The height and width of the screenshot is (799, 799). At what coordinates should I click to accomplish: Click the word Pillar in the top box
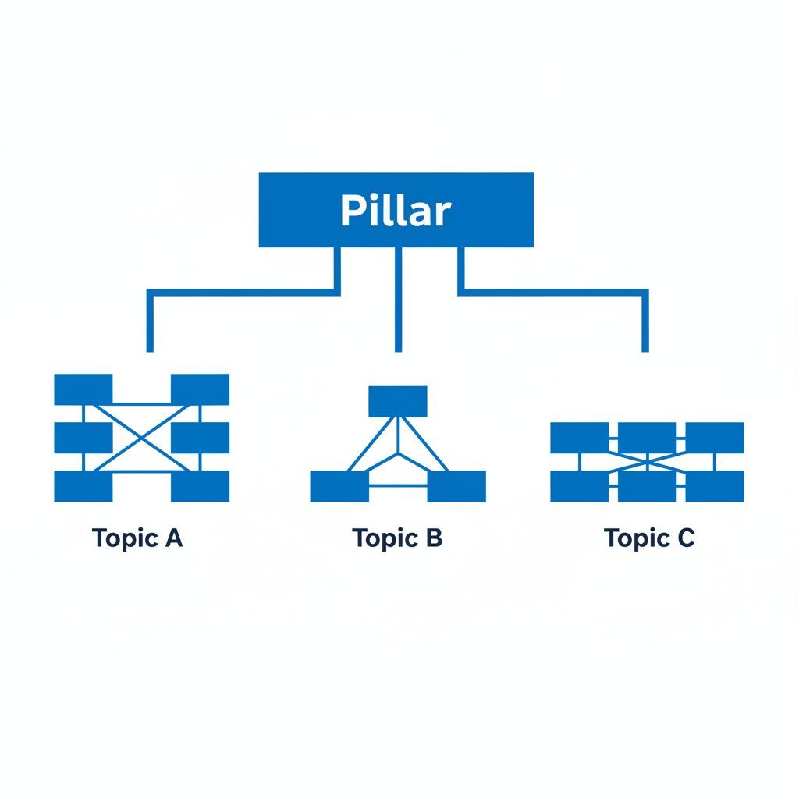396,211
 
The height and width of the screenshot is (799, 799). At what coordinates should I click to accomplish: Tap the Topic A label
137,538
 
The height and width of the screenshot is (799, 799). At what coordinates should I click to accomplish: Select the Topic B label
397,538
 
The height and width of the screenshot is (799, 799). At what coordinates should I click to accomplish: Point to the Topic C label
649,538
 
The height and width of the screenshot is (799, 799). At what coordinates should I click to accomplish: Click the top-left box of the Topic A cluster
83,389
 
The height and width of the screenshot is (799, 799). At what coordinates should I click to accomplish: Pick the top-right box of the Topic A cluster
200,389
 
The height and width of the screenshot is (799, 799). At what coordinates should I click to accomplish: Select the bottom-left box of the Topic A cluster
83,486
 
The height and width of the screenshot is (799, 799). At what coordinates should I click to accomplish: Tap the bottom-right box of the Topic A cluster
200,486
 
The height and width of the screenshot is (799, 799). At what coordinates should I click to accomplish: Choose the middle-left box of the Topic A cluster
83,438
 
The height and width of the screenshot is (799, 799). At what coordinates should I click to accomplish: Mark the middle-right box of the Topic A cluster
200,438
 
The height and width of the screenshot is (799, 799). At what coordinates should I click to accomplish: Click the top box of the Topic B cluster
398,401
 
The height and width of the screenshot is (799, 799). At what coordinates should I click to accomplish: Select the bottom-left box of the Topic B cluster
339,486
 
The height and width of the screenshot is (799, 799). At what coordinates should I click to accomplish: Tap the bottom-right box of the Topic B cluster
456,486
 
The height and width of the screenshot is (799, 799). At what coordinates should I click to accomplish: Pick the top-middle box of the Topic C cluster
648,438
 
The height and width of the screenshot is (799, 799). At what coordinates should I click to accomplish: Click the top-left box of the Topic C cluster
579,438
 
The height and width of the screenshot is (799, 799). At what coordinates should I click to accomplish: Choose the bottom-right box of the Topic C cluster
715,486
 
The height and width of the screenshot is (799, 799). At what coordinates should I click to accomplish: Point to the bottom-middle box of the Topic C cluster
648,486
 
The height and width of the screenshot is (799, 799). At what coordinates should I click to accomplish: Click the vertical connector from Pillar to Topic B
398,300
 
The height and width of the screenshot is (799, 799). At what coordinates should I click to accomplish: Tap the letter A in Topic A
174,538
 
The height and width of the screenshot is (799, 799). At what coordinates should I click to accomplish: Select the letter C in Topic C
685,538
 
